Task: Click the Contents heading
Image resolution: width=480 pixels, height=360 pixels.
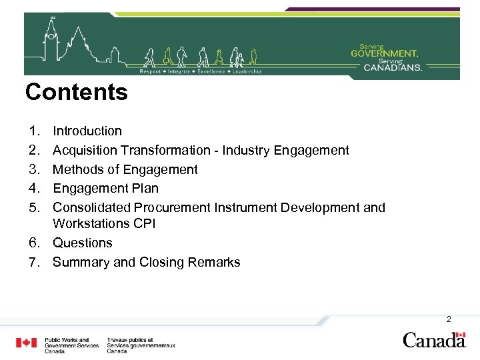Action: coord(76,92)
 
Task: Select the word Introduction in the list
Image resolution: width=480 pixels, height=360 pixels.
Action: coord(87,131)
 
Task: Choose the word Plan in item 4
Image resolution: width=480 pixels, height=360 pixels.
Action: coord(145,188)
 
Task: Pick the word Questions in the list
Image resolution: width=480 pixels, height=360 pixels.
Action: coord(83,243)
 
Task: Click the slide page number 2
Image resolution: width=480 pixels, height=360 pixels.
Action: coord(449,319)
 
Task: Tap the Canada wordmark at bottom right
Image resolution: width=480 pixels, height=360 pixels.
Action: coord(434,340)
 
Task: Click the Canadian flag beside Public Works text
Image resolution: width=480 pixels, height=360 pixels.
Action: coord(27,343)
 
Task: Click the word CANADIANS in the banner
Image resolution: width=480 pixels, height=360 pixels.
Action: coord(393,67)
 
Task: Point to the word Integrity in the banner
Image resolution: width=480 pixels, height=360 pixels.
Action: coord(179,71)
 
